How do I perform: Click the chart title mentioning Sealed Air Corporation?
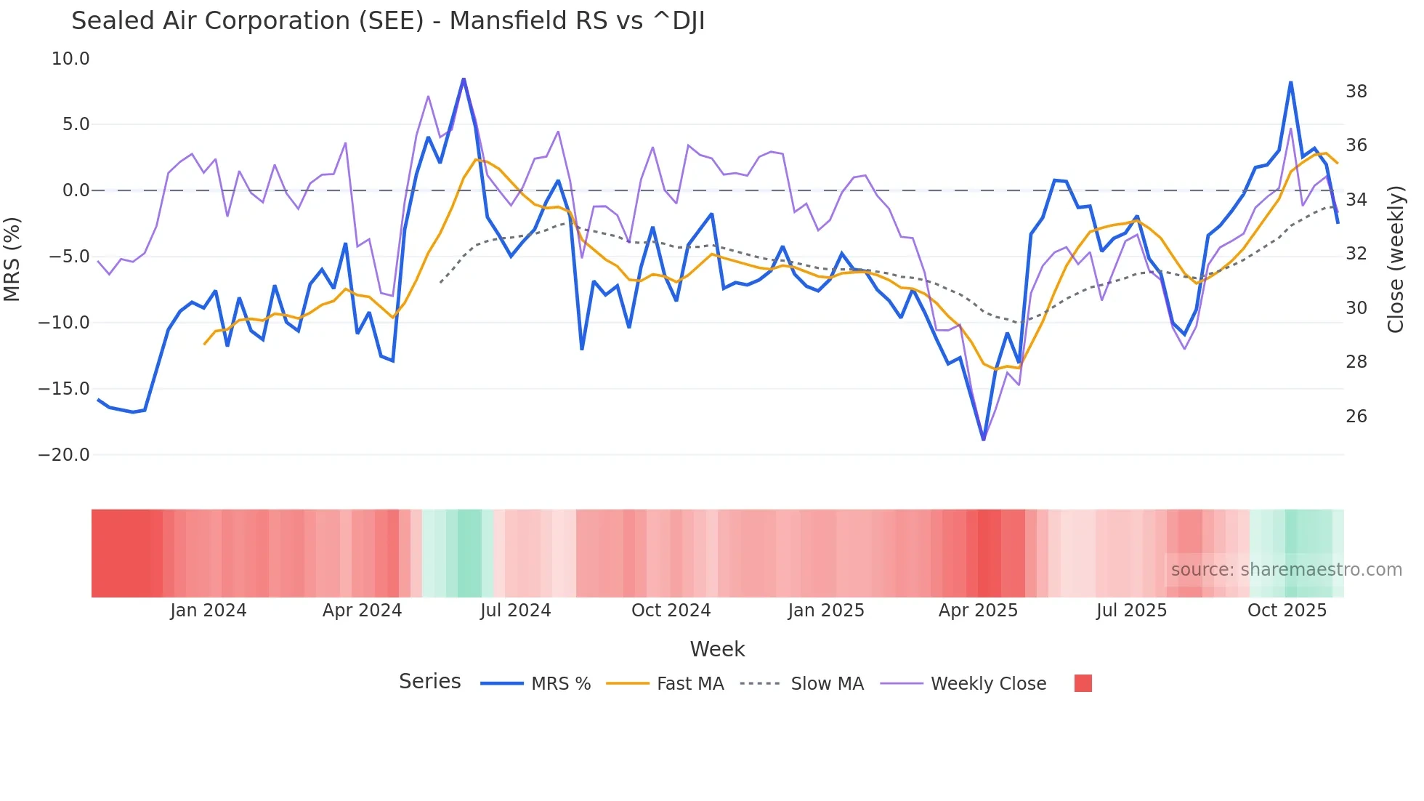[388, 21]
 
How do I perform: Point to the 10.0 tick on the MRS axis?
[70, 59]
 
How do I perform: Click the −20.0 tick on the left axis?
[64, 455]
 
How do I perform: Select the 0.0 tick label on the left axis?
[76, 190]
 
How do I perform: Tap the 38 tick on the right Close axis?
[1356, 92]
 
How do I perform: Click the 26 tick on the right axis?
[1356, 416]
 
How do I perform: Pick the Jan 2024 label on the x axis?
[209, 611]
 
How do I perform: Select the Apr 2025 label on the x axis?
[978, 611]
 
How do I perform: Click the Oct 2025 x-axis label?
[1287, 611]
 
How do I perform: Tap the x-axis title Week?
[717, 649]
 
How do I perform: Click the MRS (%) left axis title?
[12, 259]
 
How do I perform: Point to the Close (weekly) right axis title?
[1396, 259]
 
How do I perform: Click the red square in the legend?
[1083, 683]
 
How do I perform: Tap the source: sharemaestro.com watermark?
[1286, 570]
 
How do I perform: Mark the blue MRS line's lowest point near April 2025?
[984, 440]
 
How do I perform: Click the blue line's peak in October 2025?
[1291, 82]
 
